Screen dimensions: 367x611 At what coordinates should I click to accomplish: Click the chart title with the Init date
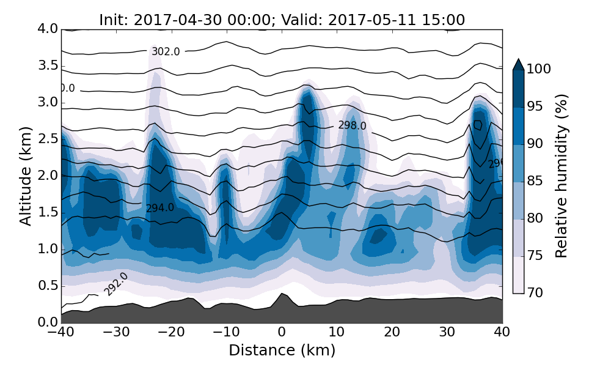click(x=282, y=20)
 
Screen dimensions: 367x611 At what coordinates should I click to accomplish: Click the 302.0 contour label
click(x=166, y=52)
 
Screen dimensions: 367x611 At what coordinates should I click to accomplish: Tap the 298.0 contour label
click(x=352, y=126)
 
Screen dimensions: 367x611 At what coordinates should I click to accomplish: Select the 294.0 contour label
click(x=159, y=208)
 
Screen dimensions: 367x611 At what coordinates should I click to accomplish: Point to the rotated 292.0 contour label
click(x=116, y=284)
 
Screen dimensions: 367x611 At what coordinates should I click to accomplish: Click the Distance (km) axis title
click(x=282, y=350)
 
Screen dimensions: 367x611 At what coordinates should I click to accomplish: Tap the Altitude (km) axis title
click(x=26, y=176)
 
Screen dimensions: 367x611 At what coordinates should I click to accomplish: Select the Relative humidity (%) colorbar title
click(x=562, y=176)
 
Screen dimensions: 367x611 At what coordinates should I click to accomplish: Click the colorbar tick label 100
click(x=539, y=69)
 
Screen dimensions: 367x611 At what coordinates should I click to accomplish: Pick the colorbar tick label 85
click(x=535, y=181)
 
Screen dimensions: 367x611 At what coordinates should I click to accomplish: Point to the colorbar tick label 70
click(x=535, y=293)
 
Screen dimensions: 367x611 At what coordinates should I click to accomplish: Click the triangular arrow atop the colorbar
click(x=518, y=64)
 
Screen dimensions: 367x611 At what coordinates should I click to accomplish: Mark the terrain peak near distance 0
click(x=282, y=294)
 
